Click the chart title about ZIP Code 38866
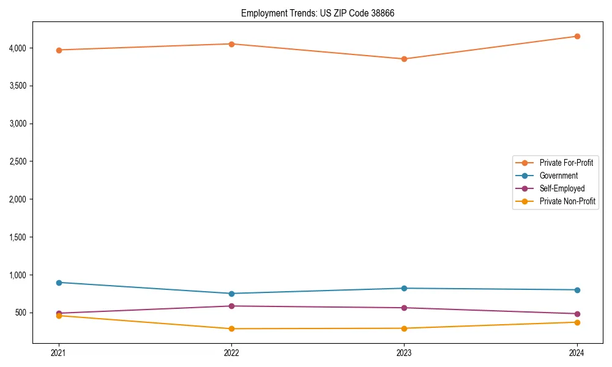(313, 13)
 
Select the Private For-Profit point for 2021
(59, 50)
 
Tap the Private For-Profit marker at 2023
(404, 59)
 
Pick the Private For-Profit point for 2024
(577, 37)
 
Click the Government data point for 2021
(59, 283)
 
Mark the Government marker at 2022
(231, 294)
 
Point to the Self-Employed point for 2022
(231, 306)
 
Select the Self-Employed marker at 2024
(577, 314)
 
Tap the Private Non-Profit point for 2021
(59, 316)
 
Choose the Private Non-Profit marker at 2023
(404, 328)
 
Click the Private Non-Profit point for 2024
(577, 322)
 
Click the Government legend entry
(558, 176)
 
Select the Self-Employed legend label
(562, 188)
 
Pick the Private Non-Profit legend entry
(567, 201)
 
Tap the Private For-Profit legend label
(566, 163)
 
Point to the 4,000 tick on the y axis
(17, 48)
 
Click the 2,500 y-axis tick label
(17, 161)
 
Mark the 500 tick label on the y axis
(21, 313)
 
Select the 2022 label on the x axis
(231, 353)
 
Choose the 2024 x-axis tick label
(577, 353)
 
